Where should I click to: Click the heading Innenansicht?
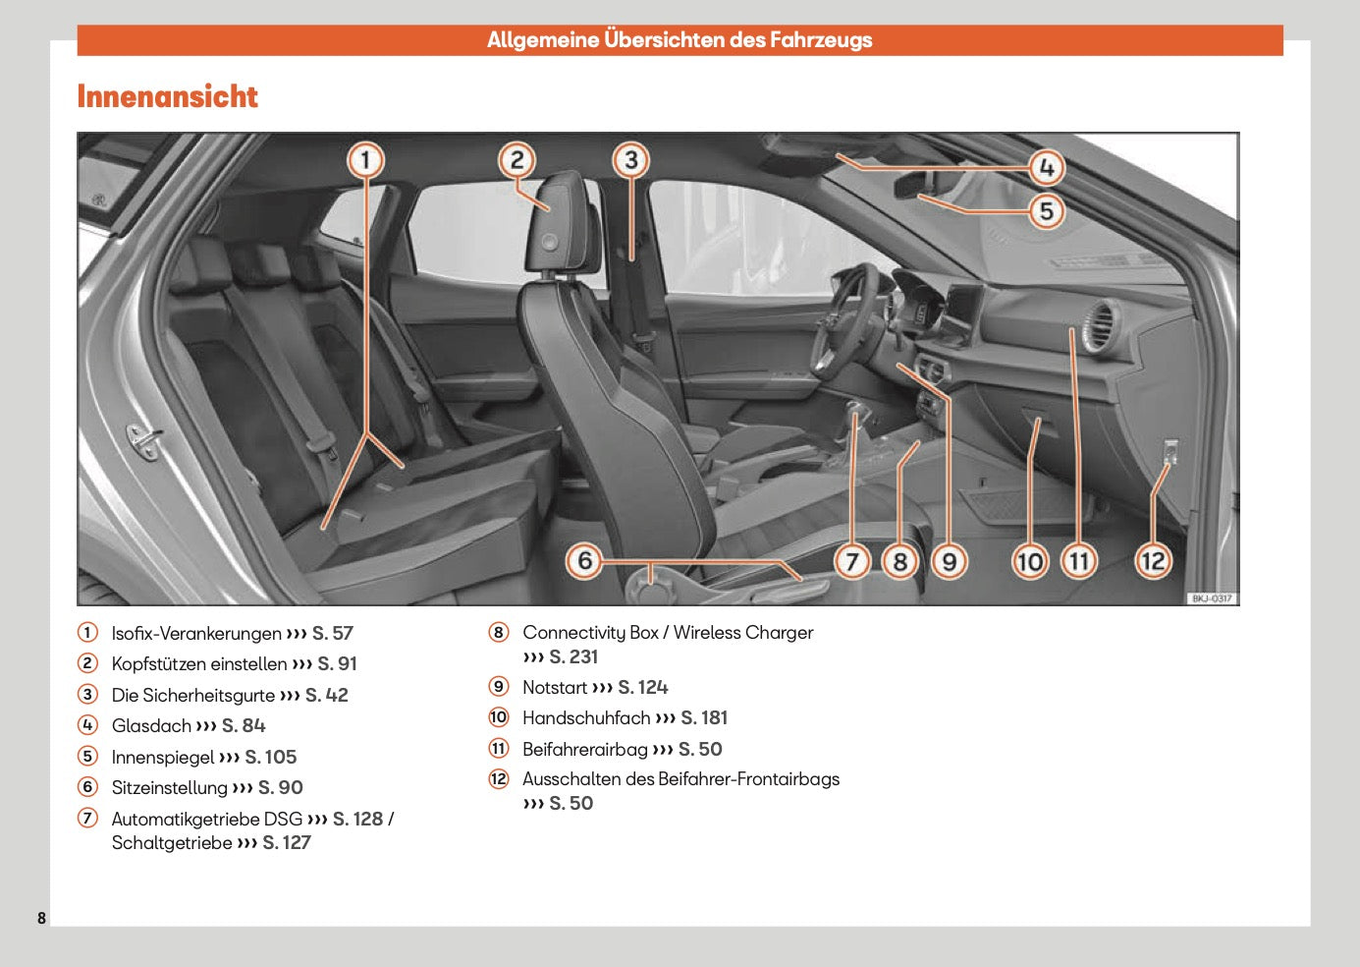click(167, 96)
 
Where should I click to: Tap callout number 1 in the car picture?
click(365, 160)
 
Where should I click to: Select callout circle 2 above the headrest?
click(517, 160)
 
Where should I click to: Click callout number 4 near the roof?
click(1047, 168)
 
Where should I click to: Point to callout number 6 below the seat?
click(585, 561)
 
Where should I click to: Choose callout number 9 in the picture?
click(949, 561)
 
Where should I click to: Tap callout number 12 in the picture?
click(1153, 561)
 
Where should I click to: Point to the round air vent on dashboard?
click(1099, 325)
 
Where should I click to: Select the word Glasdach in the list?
click(151, 726)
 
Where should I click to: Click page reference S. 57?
click(333, 634)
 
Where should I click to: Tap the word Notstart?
click(554, 688)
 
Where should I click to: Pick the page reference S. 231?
click(573, 657)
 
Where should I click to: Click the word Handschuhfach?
click(586, 718)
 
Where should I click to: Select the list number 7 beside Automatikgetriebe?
click(88, 819)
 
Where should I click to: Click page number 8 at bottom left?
click(41, 918)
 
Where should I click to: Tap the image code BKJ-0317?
click(1212, 598)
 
